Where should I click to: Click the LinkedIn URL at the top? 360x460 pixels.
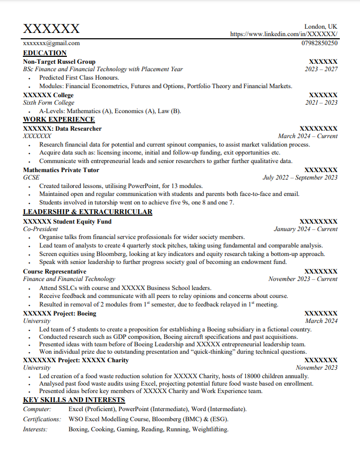point(284,34)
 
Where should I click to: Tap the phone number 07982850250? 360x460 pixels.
point(319,43)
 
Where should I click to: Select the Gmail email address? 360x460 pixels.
point(52,43)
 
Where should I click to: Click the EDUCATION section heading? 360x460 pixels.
point(45,53)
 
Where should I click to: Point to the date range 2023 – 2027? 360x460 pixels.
point(321,69)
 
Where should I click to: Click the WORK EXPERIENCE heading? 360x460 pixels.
point(59,120)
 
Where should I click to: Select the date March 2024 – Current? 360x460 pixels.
point(307,136)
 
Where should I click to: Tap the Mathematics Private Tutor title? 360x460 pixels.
point(61,170)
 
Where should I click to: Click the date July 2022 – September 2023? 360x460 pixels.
point(300,178)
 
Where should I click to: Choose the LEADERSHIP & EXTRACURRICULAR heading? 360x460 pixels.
point(88,212)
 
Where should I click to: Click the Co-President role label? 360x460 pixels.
point(40,229)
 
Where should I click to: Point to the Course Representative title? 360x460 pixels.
point(55,271)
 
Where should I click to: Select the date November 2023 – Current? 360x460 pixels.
point(303,279)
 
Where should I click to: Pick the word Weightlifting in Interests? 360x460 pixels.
point(210,429)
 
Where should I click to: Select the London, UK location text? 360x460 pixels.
point(320,27)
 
